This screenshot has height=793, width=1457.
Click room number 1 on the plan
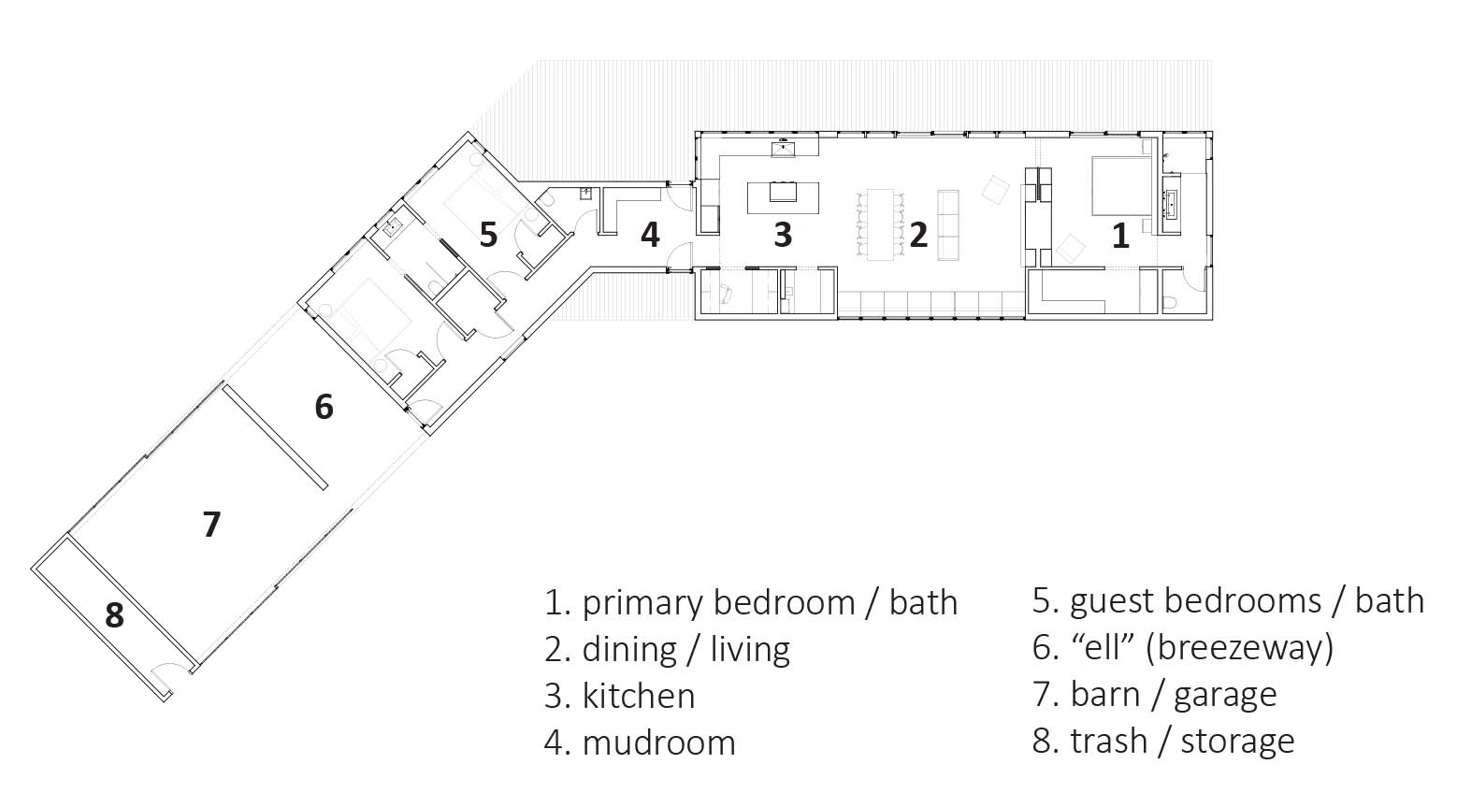(1120, 237)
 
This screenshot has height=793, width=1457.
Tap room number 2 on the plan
(917, 235)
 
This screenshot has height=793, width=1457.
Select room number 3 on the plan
(783, 235)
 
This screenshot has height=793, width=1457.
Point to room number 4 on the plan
(651, 235)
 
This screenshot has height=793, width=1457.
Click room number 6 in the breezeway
(324, 407)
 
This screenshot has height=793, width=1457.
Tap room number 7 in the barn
(211, 525)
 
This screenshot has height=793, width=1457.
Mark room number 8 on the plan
(114, 615)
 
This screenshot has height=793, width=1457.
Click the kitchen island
(783, 197)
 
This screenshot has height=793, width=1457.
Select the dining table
(881, 224)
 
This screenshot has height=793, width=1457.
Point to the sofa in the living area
(947, 225)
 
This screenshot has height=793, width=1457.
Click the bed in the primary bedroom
(1120, 185)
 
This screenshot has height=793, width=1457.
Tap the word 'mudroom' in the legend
(659, 743)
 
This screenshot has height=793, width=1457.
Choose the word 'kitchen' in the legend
(639, 696)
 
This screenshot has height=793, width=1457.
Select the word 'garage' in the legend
(1225, 696)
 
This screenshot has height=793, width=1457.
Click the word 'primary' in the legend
(642, 604)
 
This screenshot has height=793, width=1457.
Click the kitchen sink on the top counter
(783, 149)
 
